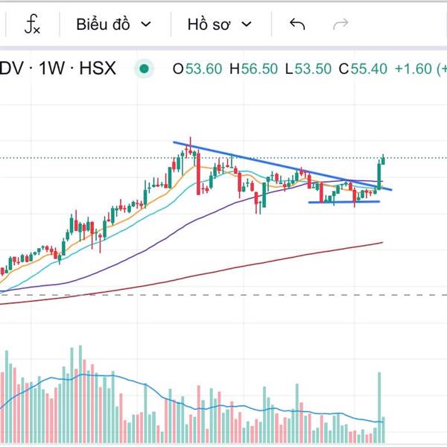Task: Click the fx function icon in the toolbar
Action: tap(32, 25)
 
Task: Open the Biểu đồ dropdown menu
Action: tap(113, 25)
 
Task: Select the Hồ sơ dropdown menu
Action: tap(219, 25)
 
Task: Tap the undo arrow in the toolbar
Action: tap(297, 25)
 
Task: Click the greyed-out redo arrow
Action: tap(340, 25)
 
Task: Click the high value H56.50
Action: tap(253, 69)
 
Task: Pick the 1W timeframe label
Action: tap(52, 69)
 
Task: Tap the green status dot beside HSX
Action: tap(144, 69)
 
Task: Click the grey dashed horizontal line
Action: tap(223, 295)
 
